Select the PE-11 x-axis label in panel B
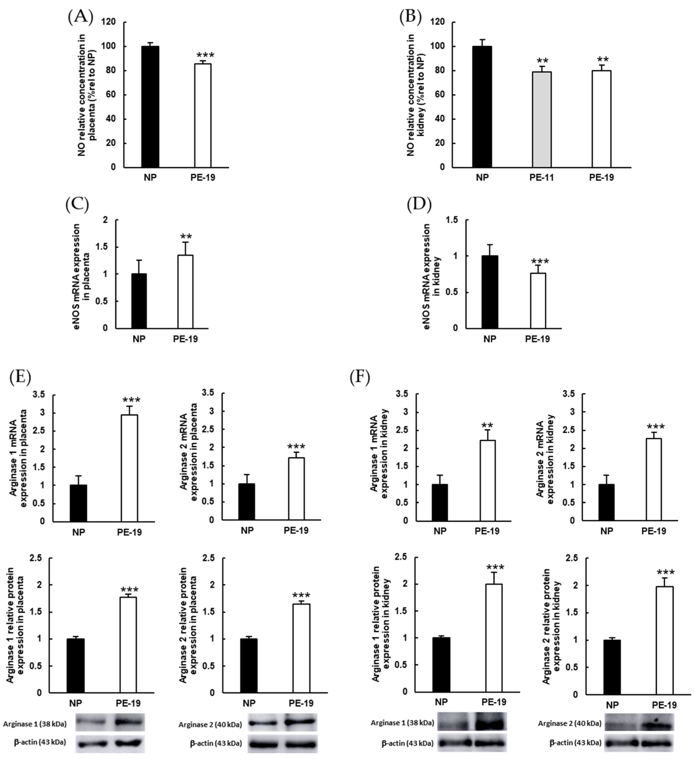(x=542, y=177)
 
